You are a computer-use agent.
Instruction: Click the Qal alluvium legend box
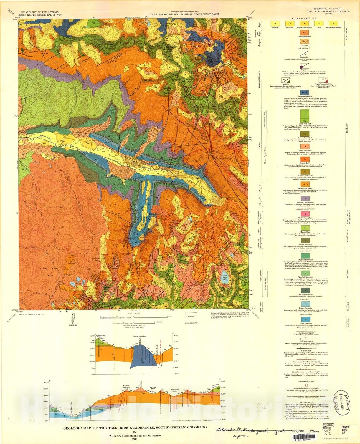coord(275,24)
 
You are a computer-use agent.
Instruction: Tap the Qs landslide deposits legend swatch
coord(305,33)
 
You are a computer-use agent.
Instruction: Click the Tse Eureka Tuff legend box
coord(305,159)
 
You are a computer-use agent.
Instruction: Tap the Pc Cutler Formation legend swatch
coord(305,319)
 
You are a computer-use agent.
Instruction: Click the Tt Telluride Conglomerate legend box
coord(305,198)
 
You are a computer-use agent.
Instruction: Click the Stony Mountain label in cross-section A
coord(140,336)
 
